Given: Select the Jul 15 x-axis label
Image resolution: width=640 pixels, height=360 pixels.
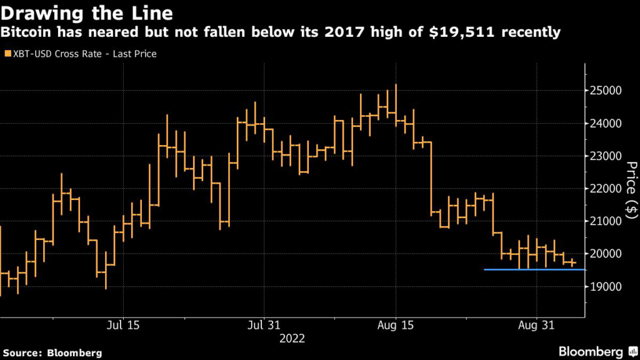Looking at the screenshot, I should click(x=123, y=326).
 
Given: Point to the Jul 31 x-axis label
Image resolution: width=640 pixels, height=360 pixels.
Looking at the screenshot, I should click(x=264, y=326).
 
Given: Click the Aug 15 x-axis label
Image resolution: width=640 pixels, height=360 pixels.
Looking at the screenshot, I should click(x=396, y=326).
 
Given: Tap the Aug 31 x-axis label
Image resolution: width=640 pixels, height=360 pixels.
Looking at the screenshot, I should click(x=537, y=326).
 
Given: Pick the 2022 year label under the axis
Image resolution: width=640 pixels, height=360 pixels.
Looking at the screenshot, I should click(x=292, y=338).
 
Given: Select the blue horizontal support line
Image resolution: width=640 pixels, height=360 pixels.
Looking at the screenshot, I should click(x=534, y=269).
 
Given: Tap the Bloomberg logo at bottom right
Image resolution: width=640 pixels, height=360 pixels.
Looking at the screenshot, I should click(x=597, y=351).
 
